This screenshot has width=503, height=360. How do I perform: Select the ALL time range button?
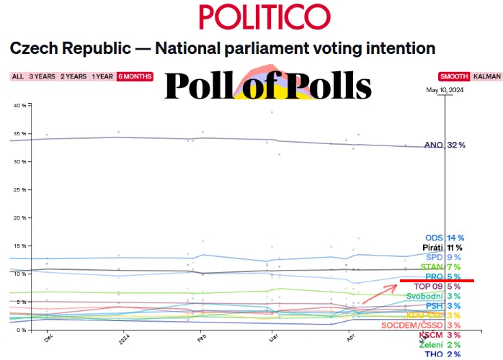[x=17, y=76]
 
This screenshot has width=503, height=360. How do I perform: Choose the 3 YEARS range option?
[x=42, y=76]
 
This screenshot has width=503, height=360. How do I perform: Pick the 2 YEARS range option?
[x=74, y=76]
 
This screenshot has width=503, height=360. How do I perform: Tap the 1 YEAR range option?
[x=102, y=76]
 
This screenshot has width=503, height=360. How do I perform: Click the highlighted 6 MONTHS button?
[x=134, y=76]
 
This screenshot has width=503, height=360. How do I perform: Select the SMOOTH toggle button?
[x=454, y=76]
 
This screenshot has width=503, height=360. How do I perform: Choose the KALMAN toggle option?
[x=488, y=76]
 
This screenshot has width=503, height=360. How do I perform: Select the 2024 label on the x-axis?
[x=122, y=338]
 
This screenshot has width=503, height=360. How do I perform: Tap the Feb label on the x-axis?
[x=202, y=337]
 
